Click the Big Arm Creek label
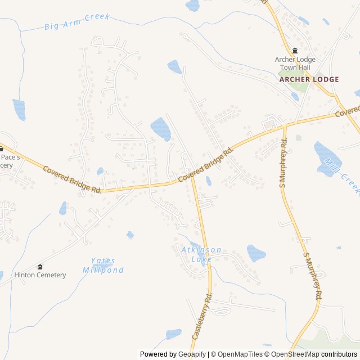coord(76,21)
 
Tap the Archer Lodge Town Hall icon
coord(295,51)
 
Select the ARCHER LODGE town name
coord(309,79)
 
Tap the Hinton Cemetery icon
coord(40,266)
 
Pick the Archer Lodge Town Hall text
coord(295,64)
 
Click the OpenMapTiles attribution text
coord(237,354)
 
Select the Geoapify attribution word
coord(192,354)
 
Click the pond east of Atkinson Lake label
coord(256,253)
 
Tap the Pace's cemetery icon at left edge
coord(2,149)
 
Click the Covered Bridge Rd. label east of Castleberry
coord(205,165)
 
